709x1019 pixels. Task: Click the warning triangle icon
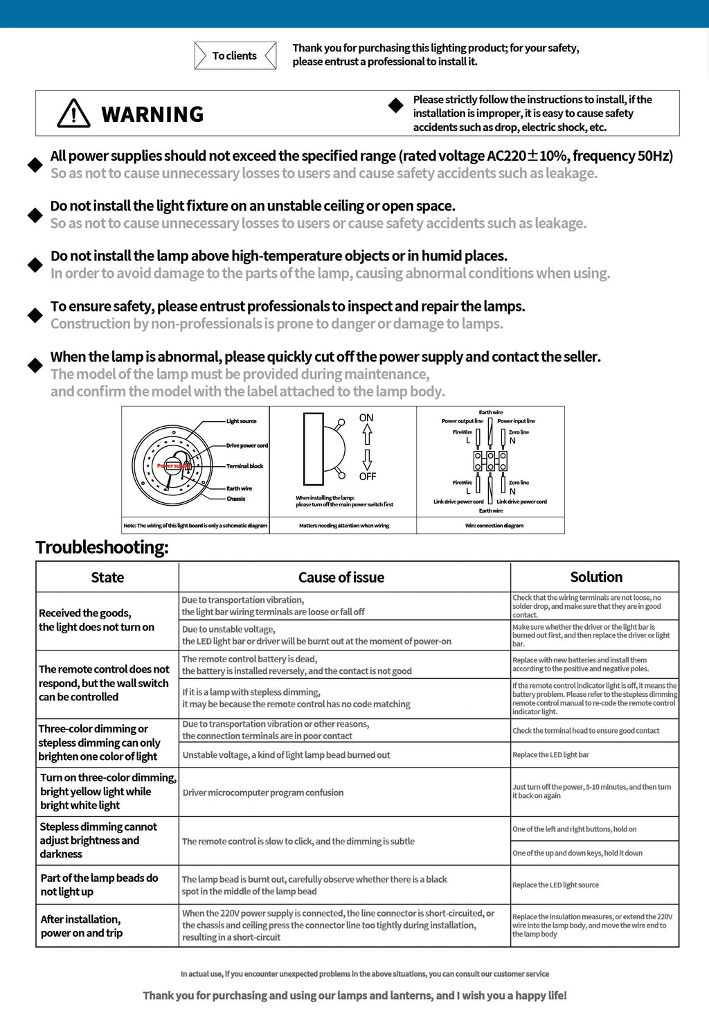click(73, 114)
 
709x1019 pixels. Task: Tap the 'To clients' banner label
click(235, 56)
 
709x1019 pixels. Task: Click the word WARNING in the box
click(152, 114)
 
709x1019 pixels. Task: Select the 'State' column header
click(107, 578)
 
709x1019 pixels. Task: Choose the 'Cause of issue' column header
click(341, 578)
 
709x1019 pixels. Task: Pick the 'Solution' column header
click(596, 577)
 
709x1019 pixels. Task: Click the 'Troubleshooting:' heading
click(102, 547)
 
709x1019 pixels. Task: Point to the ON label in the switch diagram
click(366, 418)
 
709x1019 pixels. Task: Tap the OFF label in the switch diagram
click(368, 477)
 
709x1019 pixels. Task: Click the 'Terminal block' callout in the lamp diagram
click(245, 466)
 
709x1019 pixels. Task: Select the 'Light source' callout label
click(242, 421)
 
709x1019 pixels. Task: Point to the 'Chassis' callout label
click(236, 499)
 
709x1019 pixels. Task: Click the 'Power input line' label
click(516, 421)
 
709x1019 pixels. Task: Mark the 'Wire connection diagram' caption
click(494, 526)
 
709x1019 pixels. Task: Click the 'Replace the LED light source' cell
click(555, 885)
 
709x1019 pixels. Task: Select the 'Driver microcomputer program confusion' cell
click(263, 792)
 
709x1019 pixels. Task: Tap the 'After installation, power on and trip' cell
click(82, 926)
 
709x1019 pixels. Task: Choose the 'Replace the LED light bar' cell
click(550, 755)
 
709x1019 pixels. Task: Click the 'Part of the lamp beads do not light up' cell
click(99, 885)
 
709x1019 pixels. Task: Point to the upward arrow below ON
click(367, 434)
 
